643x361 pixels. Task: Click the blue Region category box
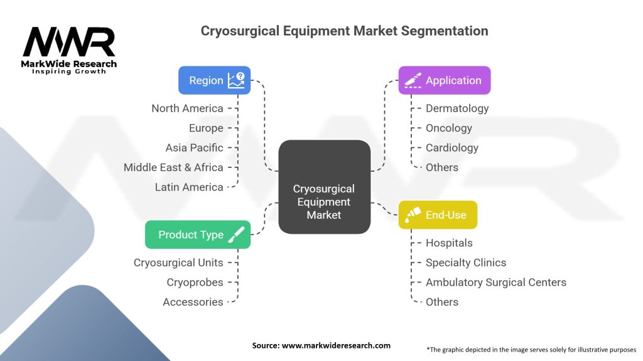coord(214,80)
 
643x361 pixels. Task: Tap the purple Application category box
coord(444,80)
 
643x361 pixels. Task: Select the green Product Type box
coord(197,234)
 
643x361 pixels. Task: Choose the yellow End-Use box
coord(437,215)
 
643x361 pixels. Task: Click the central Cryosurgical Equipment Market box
coord(324,202)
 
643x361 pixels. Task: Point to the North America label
coord(187,108)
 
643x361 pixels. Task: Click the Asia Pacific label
coord(194,148)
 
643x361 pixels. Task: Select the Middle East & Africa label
coord(173,167)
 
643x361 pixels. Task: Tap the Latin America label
coord(189,187)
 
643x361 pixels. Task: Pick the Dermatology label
coord(457,108)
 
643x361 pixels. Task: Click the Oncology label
coord(448,128)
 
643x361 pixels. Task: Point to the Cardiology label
coord(452,148)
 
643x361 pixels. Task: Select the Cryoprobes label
coord(195,282)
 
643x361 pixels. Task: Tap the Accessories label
coord(193,302)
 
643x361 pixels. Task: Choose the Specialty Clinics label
coord(466,263)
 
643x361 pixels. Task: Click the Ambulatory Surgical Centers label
coord(496,282)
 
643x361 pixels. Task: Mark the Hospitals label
coord(449,243)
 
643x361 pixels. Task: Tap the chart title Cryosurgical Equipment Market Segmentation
coord(344,30)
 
